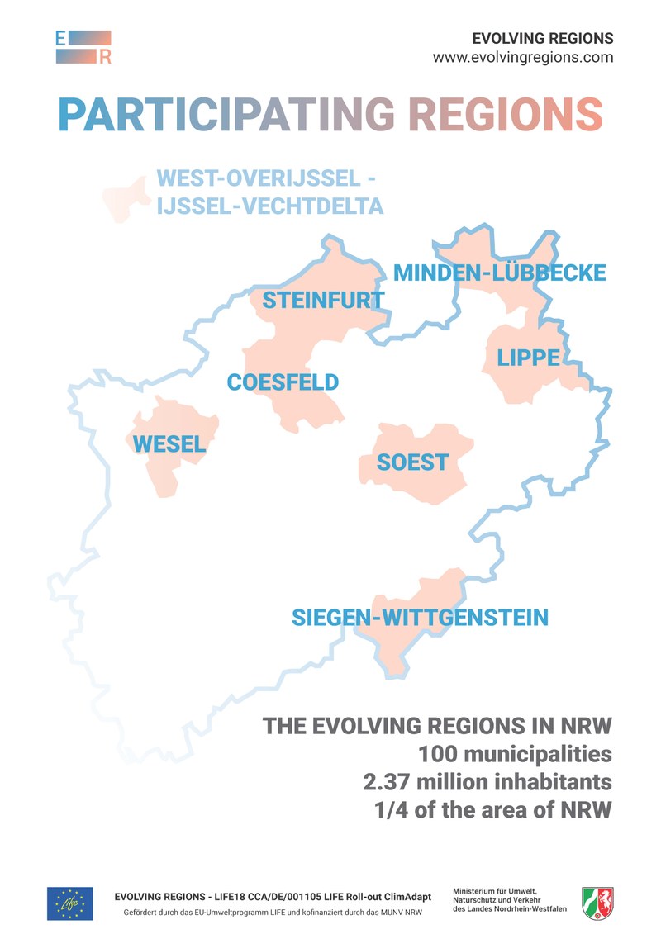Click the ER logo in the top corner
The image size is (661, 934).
83,47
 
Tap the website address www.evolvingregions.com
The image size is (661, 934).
522,58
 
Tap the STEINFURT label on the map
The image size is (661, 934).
323,301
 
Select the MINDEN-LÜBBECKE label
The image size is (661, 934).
499,273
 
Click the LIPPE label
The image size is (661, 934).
528,358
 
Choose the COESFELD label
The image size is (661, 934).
283,382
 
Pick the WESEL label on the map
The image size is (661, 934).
169,444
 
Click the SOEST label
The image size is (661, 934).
412,462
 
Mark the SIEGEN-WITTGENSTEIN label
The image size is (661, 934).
420,617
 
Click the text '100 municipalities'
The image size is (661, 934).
515,754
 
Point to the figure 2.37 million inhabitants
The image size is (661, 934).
487,781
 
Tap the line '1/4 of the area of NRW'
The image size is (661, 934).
493,809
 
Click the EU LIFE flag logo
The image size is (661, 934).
70,903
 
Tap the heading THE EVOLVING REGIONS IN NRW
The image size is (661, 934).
437,726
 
